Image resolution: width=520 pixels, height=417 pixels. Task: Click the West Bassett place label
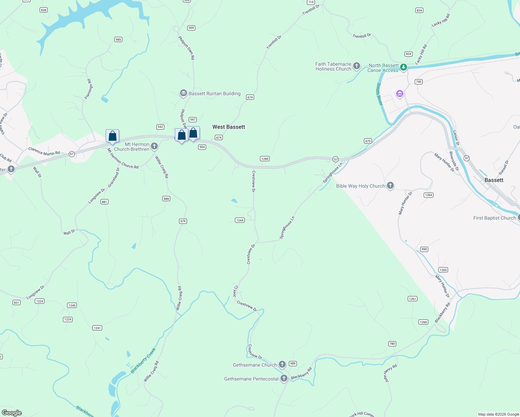pos(229,127)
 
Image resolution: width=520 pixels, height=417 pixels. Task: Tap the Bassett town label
pos(494,180)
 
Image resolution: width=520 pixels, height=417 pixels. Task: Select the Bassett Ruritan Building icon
pos(183,93)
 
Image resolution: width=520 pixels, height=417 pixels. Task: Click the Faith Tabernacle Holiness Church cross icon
pos(356,66)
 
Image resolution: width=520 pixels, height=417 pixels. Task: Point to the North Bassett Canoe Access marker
pos(403,67)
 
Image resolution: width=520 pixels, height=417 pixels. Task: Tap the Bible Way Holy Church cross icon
pos(390,186)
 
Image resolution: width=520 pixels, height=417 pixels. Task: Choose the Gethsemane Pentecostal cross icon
pos(284,378)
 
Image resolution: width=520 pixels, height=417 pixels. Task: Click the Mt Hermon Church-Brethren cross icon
pos(154,146)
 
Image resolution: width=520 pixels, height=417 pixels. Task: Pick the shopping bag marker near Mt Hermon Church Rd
pos(112,136)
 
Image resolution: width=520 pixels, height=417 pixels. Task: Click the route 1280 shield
pos(265,159)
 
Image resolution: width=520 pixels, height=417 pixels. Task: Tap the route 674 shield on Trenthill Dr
pos(250,97)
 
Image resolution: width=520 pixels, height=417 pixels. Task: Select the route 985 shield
pos(118,40)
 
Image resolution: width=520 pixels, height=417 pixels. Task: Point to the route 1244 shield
pos(239,220)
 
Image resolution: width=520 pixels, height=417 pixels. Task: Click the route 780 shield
pos(392,344)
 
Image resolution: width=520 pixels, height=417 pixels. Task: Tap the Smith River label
pos(379,94)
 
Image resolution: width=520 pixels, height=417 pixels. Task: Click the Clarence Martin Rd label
pos(44,151)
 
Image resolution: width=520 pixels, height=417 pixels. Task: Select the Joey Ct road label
pos(235,291)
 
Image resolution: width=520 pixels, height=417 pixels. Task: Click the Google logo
pos(12,412)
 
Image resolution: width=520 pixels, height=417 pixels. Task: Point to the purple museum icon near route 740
pos(399,94)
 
